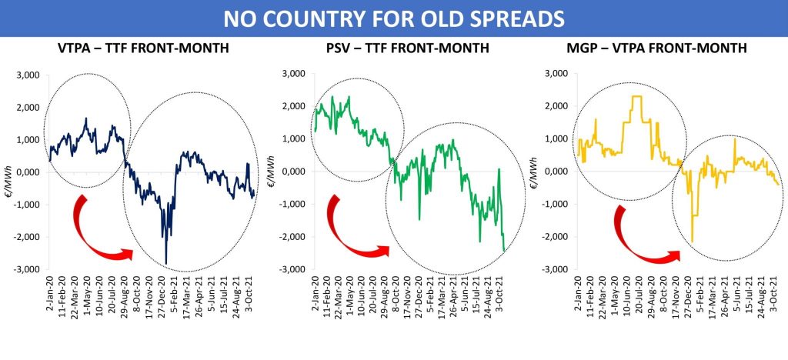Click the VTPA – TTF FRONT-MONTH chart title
point(142,48)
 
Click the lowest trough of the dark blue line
point(166,263)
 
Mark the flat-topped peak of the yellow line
point(636,96)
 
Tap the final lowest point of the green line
point(504,251)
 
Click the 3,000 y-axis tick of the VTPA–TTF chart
point(34,75)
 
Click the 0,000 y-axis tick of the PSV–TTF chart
point(292,172)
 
